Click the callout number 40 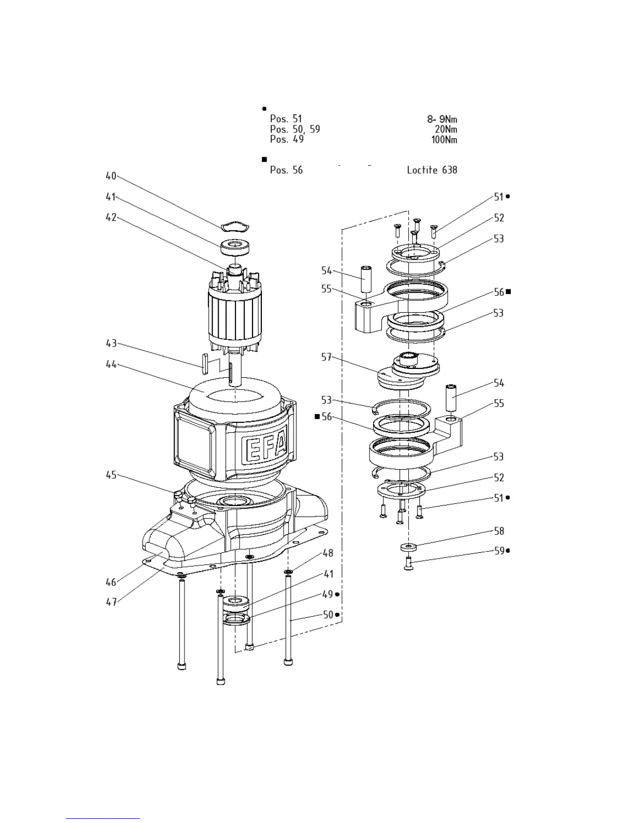(111, 176)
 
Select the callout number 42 (111, 218)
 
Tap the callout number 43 (111, 343)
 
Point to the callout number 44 (111, 365)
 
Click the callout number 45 (111, 475)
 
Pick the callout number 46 (111, 582)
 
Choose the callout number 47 (111, 602)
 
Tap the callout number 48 (328, 553)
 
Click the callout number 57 (326, 357)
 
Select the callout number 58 (499, 531)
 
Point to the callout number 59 (499, 551)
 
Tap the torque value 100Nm (444, 140)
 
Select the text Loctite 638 (432, 170)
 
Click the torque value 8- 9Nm (442, 120)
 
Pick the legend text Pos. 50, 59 (295, 129)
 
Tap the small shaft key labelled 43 (204, 362)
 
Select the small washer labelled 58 (409, 547)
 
